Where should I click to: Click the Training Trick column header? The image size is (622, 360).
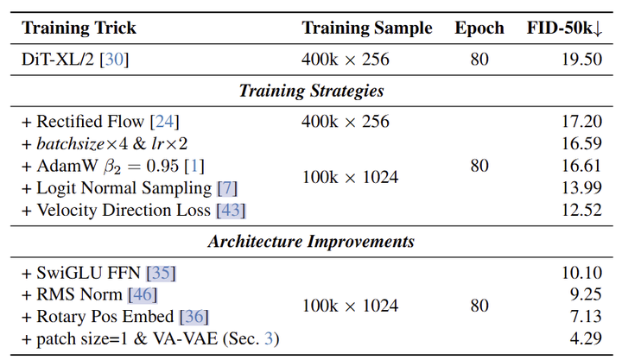tap(79, 28)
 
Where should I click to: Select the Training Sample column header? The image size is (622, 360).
tap(366, 28)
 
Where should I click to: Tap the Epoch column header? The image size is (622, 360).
tap(479, 28)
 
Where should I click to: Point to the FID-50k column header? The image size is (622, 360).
tap(564, 28)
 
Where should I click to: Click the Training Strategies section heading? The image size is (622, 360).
tap(311, 91)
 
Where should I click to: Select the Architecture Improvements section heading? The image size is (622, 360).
tap(311, 242)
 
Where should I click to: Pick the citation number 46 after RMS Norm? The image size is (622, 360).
tap(142, 295)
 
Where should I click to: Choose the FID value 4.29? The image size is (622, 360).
tap(587, 338)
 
